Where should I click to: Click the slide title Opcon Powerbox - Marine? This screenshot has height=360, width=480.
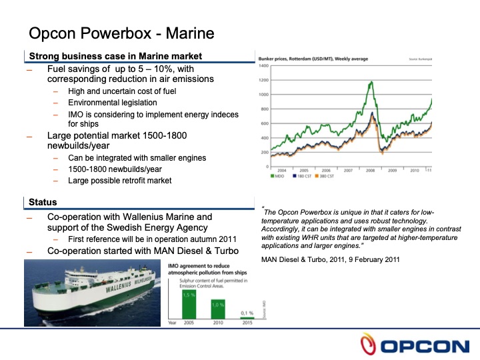tap(121, 33)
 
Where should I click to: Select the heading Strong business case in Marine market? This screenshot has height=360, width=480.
tap(115, 56)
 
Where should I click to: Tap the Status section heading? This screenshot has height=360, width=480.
tap(43, 202)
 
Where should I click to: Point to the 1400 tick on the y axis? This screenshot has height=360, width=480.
tap(263, 67)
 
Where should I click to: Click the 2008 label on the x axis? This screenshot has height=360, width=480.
tap(370, 171)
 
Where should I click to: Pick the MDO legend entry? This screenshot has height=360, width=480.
tap(279, 177)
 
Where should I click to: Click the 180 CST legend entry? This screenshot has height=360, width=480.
tap(304, 177)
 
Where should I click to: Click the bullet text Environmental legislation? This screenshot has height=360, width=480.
tap(113, 103)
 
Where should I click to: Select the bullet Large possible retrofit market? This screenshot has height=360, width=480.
tap(124, 179)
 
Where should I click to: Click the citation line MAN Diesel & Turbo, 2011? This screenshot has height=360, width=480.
tap(330, 259)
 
